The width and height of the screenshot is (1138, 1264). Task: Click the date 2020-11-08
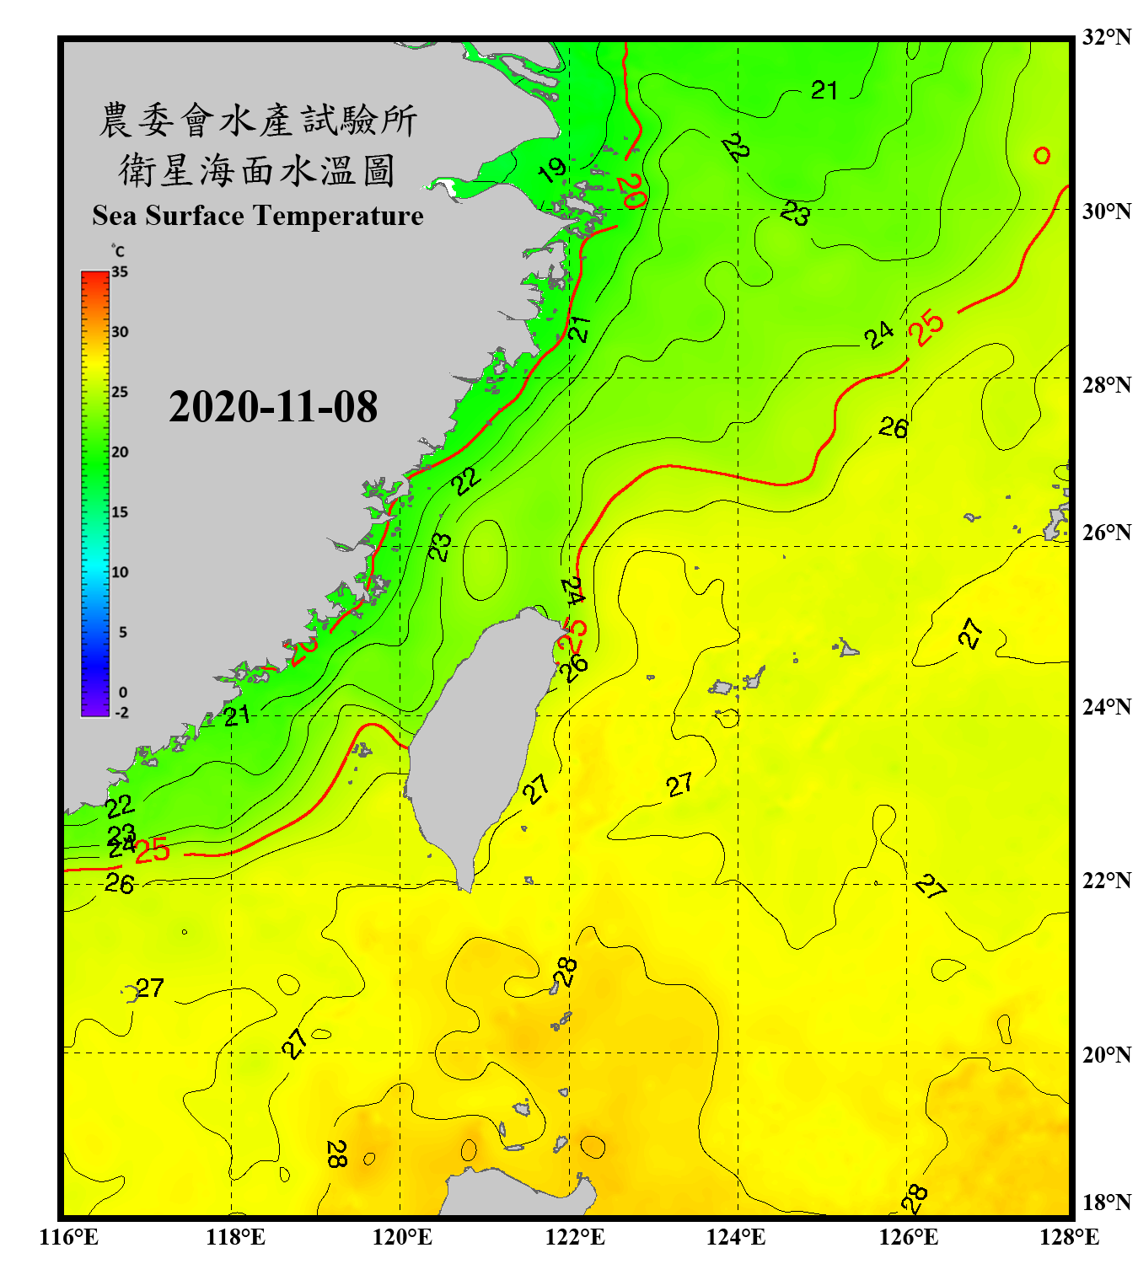tap(272, 407)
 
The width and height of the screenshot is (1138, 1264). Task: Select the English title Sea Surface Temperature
tap(257, 216)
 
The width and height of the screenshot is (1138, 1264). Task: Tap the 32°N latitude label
tap(1106, 37)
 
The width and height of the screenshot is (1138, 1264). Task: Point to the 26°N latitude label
tap(1106, 533)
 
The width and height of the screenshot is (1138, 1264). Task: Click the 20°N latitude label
tap(1106, 1054)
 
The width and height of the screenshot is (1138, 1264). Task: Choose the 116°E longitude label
tap(68, 1237)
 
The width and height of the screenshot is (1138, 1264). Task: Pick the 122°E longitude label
tap(575, 1237)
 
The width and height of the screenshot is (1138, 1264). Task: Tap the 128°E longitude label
tap(1069, 1237)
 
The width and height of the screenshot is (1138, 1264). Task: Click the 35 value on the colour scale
tap(120, 272)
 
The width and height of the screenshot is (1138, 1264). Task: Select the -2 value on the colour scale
tap(121, 712)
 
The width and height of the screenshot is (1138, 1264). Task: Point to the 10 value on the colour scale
tap(120, 572)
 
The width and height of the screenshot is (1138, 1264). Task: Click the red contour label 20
tap(631, 191)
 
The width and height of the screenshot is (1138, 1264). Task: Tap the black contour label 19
tap(552, 170)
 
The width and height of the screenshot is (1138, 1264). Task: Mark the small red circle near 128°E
tap(1042, 156)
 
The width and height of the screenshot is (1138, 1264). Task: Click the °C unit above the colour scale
tap(118, 251)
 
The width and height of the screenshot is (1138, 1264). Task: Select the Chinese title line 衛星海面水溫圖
tap(257, 170)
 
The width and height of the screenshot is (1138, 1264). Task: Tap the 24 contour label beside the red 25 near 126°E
tap(879, 335)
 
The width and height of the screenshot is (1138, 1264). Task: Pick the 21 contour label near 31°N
tap(824, 90)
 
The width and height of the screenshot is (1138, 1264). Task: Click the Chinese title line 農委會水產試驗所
tap(257, 121)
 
